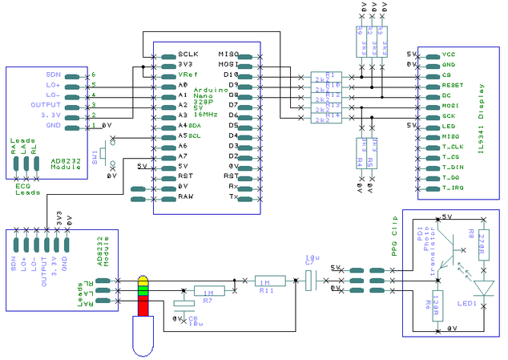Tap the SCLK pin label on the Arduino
click(x=187, y=55)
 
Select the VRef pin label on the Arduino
click(x=187, y=75)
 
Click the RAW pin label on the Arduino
click(x=185, y=196)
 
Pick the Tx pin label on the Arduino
click(x=233, y=196)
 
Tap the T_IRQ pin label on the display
click(x=453, y=188)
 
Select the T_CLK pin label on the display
click(x=453, y=147)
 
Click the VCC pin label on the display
click(x=449, y=55)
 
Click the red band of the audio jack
click(x=143, y=305)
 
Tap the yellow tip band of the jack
click(x=143, y=281)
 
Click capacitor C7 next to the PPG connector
click(x=311, y=278)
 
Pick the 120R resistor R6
click(x=437, y=308)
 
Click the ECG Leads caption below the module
click(x=27, y=189)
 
